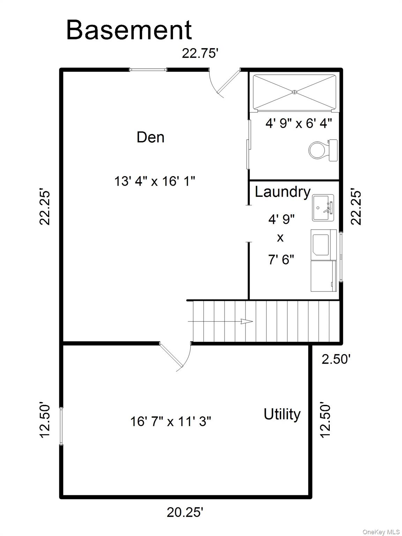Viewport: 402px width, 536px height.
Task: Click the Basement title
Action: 129,30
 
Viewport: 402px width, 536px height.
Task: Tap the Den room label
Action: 150,137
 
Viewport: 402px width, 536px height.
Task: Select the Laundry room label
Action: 282,192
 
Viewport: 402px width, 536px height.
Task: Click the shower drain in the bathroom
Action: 295,92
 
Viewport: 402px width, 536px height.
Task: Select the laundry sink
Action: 323,208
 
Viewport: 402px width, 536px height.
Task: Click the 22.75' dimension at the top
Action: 200,53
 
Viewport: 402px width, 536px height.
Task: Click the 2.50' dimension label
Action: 336,359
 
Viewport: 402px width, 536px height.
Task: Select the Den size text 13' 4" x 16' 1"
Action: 155,181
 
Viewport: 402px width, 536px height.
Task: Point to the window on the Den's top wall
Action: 148,70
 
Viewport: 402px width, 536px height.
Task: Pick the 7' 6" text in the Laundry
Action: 281,260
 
